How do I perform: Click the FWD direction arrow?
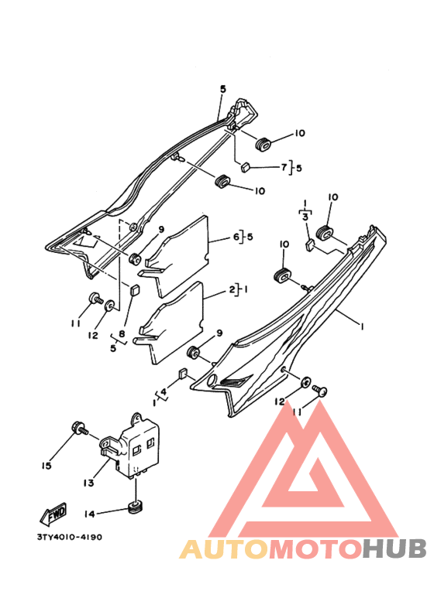(x=53, y=513)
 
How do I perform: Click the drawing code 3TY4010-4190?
(x=70, y=537)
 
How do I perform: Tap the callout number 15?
(x=46, y=466)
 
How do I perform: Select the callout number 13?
(x=88, y=483)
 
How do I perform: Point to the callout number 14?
(x=89, y=514)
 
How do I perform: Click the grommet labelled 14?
(x=136, y=507)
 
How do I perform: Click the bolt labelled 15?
(x=80, y=429)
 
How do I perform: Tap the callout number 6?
(x=236, y=237)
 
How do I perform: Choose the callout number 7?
(x=284, y=167)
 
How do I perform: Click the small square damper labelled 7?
(x=245, y=167)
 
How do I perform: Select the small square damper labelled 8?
(x=134, y=290)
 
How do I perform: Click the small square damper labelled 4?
(x=183, y=374)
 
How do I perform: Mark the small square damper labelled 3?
(x=311, y=244)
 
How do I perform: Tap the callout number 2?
(x=232, y=289)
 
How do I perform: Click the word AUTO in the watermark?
(x=224, y=549)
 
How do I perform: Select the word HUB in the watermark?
(x=394, y=549)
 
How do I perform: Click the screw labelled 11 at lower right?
(x=319, y=390)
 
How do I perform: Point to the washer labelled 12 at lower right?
(x=306, y=381)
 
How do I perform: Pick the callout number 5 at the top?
(x=223, y=89)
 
